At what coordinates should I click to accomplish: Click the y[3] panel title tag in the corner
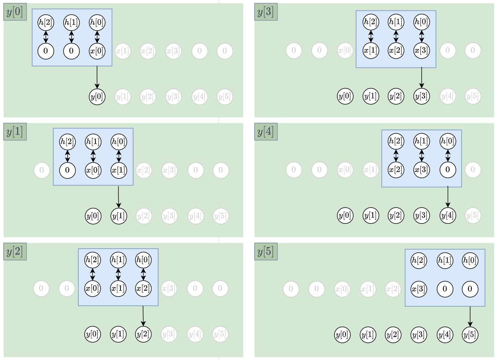[x=266, y=12]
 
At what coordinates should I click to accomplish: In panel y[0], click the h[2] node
[x=46, y=22]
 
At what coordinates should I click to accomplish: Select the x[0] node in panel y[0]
[x=97, y=51]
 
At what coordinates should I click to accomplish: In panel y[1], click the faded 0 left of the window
[x=42, y=170]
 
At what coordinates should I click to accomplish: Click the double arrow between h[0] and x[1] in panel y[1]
[x=119, y=156]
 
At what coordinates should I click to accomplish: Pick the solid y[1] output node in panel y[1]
[x=119, y=216]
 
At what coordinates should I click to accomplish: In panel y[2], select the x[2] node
[x=143, y=288]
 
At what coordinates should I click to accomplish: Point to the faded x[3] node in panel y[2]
[x=169, y=289]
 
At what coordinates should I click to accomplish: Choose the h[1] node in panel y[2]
[x=118, y=260]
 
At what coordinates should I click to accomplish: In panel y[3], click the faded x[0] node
[x=345, y=51]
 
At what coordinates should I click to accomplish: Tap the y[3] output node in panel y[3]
[x=422, y=96]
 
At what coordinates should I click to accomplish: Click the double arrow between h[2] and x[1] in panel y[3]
[x=371, y=36]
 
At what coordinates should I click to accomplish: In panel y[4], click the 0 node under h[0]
[x=448, y=170]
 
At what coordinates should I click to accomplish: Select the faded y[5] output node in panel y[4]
[x=473, y=215]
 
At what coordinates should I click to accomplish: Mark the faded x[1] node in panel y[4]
[x=371, y=170]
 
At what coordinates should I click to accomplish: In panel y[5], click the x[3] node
[x=419, y=289]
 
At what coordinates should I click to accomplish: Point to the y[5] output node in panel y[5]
[x=470, y=335]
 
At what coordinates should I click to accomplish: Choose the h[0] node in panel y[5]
[x=470, y=260]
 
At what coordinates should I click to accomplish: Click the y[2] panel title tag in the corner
[x=15, y=252]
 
